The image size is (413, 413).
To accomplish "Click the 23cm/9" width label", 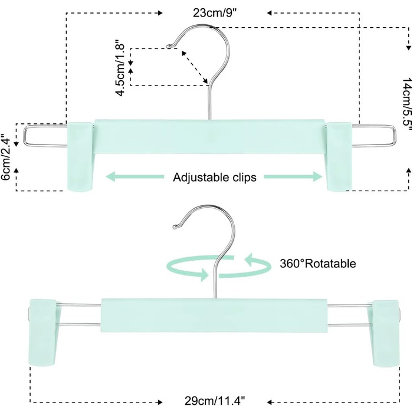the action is tap(215, 13).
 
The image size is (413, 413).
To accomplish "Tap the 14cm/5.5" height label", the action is tap(407, 105).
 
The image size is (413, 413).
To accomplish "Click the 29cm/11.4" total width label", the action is tap(215, 401).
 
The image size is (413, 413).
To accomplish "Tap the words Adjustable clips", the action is tap(215, 177).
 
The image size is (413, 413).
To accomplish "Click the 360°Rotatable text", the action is tap(318, 263).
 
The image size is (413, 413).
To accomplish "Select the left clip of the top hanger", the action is tap(80, 156).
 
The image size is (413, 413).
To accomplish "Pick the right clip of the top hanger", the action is tap(339, 156).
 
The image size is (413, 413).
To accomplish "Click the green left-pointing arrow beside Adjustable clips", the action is tap(135, 176).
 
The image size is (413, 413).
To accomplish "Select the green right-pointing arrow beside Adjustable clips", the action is tap(293, 176).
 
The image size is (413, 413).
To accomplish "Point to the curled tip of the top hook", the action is tap(169, 47).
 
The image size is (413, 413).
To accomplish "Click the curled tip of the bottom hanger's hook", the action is tap(175, 226).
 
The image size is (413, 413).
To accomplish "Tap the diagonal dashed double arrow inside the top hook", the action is tap(195, 67).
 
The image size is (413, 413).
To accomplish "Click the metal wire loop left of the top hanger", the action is tap(45, 136).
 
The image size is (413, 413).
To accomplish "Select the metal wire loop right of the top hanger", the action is tap(373, 136).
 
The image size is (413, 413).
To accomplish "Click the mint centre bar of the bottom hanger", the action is tap(214, 315).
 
